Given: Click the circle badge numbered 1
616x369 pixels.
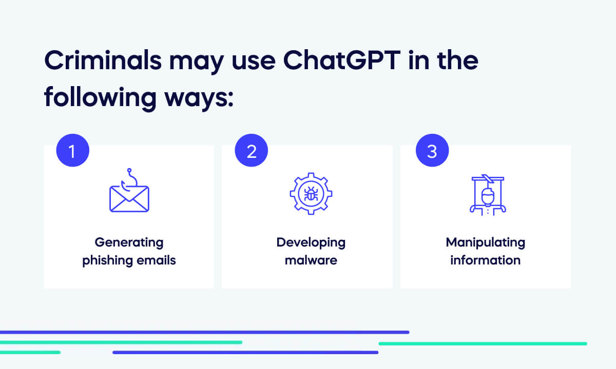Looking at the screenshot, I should (x=72, y=151).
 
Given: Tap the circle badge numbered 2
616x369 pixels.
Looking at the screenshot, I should (x=252, y=151).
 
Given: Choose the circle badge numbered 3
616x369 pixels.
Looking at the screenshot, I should (x=432, y=151).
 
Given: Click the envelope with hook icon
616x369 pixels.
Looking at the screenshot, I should (x=129, y=197).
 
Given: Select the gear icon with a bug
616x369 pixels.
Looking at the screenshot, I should (x=311, y=194).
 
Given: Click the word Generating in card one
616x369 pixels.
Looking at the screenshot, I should (x=129, y=242).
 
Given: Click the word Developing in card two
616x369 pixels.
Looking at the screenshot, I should (x=311, y=242).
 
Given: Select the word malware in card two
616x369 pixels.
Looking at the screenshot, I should (x=311, y=260).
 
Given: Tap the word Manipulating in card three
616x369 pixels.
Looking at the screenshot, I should (x=485, y=242).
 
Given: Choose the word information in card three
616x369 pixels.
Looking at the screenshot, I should (x=485, y=260).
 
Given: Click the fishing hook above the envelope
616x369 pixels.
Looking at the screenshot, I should (x=130, y=178).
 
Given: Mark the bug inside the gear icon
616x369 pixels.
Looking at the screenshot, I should (x=311, y=194).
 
